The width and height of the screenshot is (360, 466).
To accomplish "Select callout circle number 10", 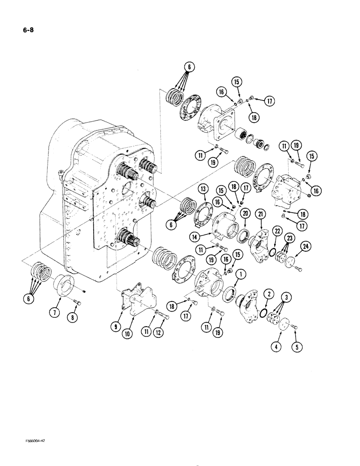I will (x=138, y=334).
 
